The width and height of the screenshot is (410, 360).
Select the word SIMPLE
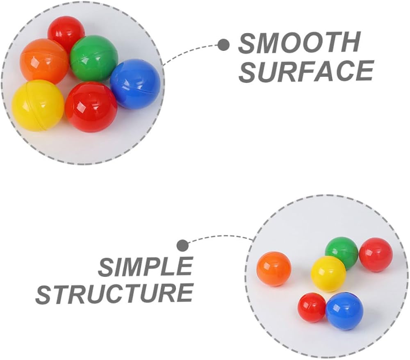pos(146,267)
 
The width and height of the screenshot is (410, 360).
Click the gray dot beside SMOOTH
pos(224,45)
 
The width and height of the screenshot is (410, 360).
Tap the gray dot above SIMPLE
pos(182,246)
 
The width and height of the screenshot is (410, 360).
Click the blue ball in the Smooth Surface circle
pos(135,84)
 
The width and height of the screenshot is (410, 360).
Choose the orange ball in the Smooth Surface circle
pos(44,62)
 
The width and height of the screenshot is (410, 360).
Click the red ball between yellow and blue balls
pos(91,107)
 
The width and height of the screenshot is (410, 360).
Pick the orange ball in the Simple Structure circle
pos(274,269)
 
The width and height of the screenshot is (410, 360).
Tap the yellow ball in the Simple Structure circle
pos(328,274)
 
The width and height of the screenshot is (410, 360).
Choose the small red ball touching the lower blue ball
pos(312,308)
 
